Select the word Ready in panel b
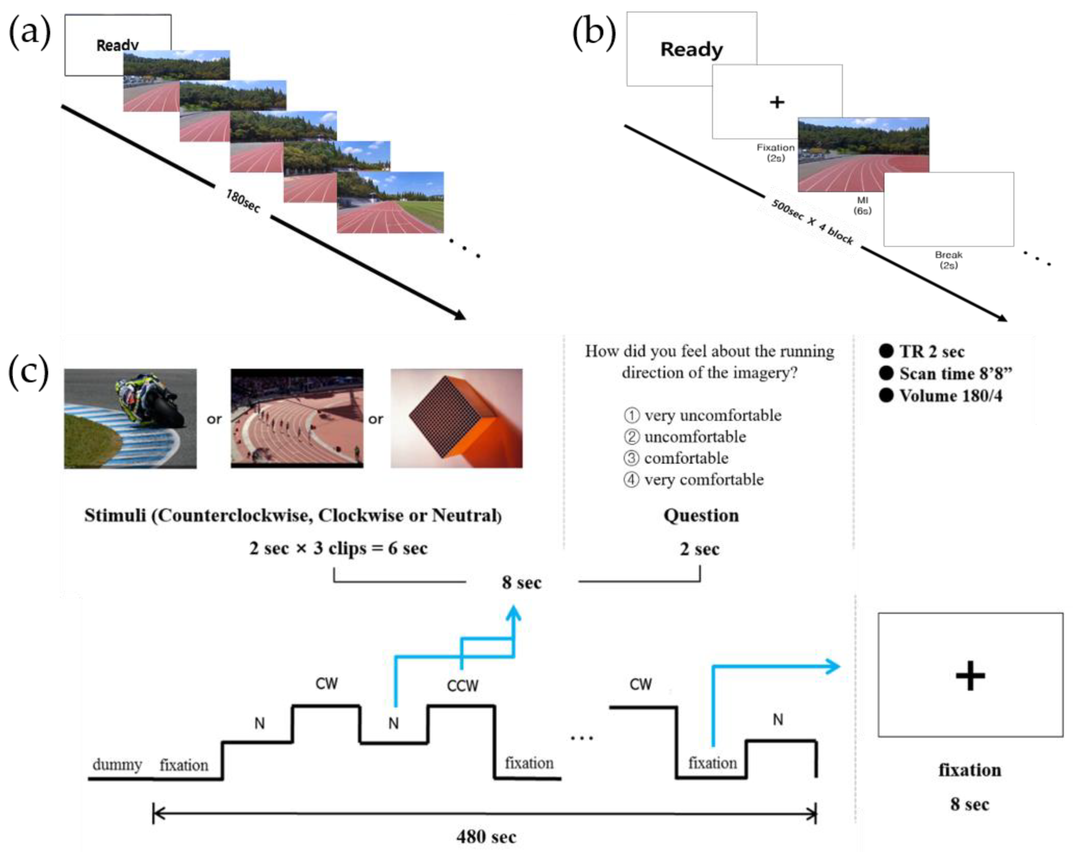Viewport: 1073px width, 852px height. (x=691, y=49)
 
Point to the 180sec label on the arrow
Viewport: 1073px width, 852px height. (x=243, y=201)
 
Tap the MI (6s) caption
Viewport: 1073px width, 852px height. (x=862, y=205)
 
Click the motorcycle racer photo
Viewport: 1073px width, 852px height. (x=130, y=418)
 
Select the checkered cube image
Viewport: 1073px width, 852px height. (x=456, y=418)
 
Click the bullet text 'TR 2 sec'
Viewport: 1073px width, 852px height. (x=931, y=351)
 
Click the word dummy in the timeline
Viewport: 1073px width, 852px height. (x=117, y=764)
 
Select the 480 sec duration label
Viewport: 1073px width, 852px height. (x=486, y=837)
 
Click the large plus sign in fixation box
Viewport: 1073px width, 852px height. (x=970, y=676)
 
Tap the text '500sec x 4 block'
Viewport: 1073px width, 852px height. (x=812, y=222)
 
